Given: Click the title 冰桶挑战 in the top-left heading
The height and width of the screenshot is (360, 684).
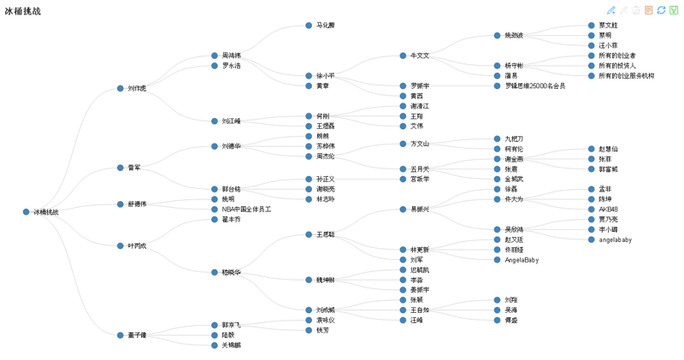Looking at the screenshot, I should pos(22,11).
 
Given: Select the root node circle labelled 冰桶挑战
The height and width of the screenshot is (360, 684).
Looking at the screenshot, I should pos(27,212).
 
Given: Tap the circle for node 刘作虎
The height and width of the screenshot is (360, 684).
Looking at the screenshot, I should pos(121,88).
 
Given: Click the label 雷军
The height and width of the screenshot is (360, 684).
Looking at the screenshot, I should pos(134,168).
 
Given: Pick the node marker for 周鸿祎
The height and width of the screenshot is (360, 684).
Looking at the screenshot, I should pos(215,56).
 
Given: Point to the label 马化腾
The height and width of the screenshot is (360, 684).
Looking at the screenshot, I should pos(325,26).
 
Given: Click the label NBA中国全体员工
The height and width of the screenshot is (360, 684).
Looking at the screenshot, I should pos(246,210).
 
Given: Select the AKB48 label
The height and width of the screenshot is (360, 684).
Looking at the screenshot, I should pos(608,210).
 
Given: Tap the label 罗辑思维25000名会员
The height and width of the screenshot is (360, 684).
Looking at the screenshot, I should pos(534,86).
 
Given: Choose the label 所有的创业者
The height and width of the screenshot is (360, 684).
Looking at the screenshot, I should pos(616,56).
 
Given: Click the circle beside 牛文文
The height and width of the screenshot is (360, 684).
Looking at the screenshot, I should pos(403,56).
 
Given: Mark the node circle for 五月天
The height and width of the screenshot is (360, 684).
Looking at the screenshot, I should pos(403,169).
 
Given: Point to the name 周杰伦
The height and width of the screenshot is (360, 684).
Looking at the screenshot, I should pos(325,156).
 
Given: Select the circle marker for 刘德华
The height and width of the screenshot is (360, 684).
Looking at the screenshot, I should pos(215,146).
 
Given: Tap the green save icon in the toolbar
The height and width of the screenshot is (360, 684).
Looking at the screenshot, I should pos(674,10).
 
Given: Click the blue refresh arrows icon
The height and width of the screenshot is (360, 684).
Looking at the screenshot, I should pos(661,10).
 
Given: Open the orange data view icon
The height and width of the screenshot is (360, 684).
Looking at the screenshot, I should pos(649,10).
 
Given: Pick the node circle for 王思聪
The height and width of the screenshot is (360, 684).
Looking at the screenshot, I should pos(309,234).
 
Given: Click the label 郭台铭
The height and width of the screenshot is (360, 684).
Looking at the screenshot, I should pos(231,190).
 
